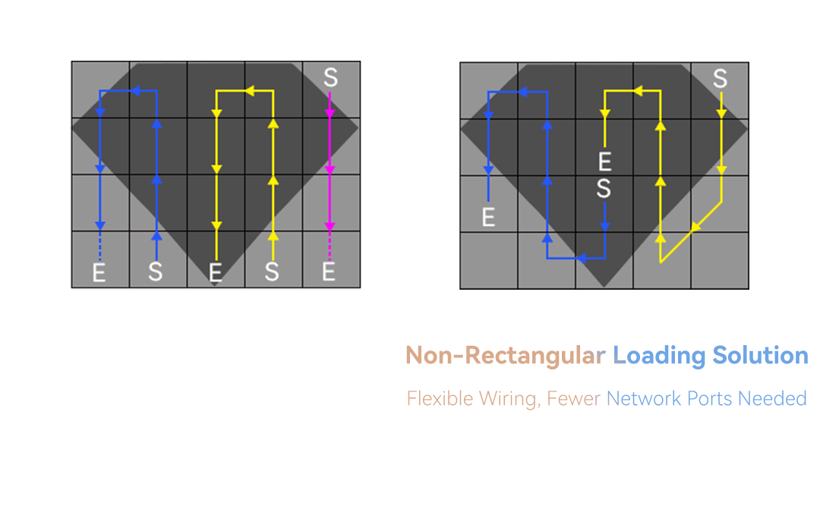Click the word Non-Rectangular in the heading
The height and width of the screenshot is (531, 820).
point(504,355)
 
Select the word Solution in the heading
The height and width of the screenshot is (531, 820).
point(760,355)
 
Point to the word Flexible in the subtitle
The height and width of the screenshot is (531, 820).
point(440,398)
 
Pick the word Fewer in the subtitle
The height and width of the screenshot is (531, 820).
point(575,398)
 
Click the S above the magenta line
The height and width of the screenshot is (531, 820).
point(330,77)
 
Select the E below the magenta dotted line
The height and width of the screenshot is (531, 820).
point(329,272)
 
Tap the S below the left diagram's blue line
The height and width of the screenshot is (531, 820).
point(156,272)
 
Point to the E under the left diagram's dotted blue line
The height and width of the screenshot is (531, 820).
point(99,272)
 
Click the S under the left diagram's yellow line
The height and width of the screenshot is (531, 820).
point(272,272)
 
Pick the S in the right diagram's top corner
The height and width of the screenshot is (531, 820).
point(720,78)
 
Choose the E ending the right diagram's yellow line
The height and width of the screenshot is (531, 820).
point(604,161)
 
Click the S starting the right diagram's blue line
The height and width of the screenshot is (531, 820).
point(604,188)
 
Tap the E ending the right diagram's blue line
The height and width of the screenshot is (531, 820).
point(489,217)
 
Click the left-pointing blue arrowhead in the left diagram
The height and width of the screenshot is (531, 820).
point(137,91)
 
